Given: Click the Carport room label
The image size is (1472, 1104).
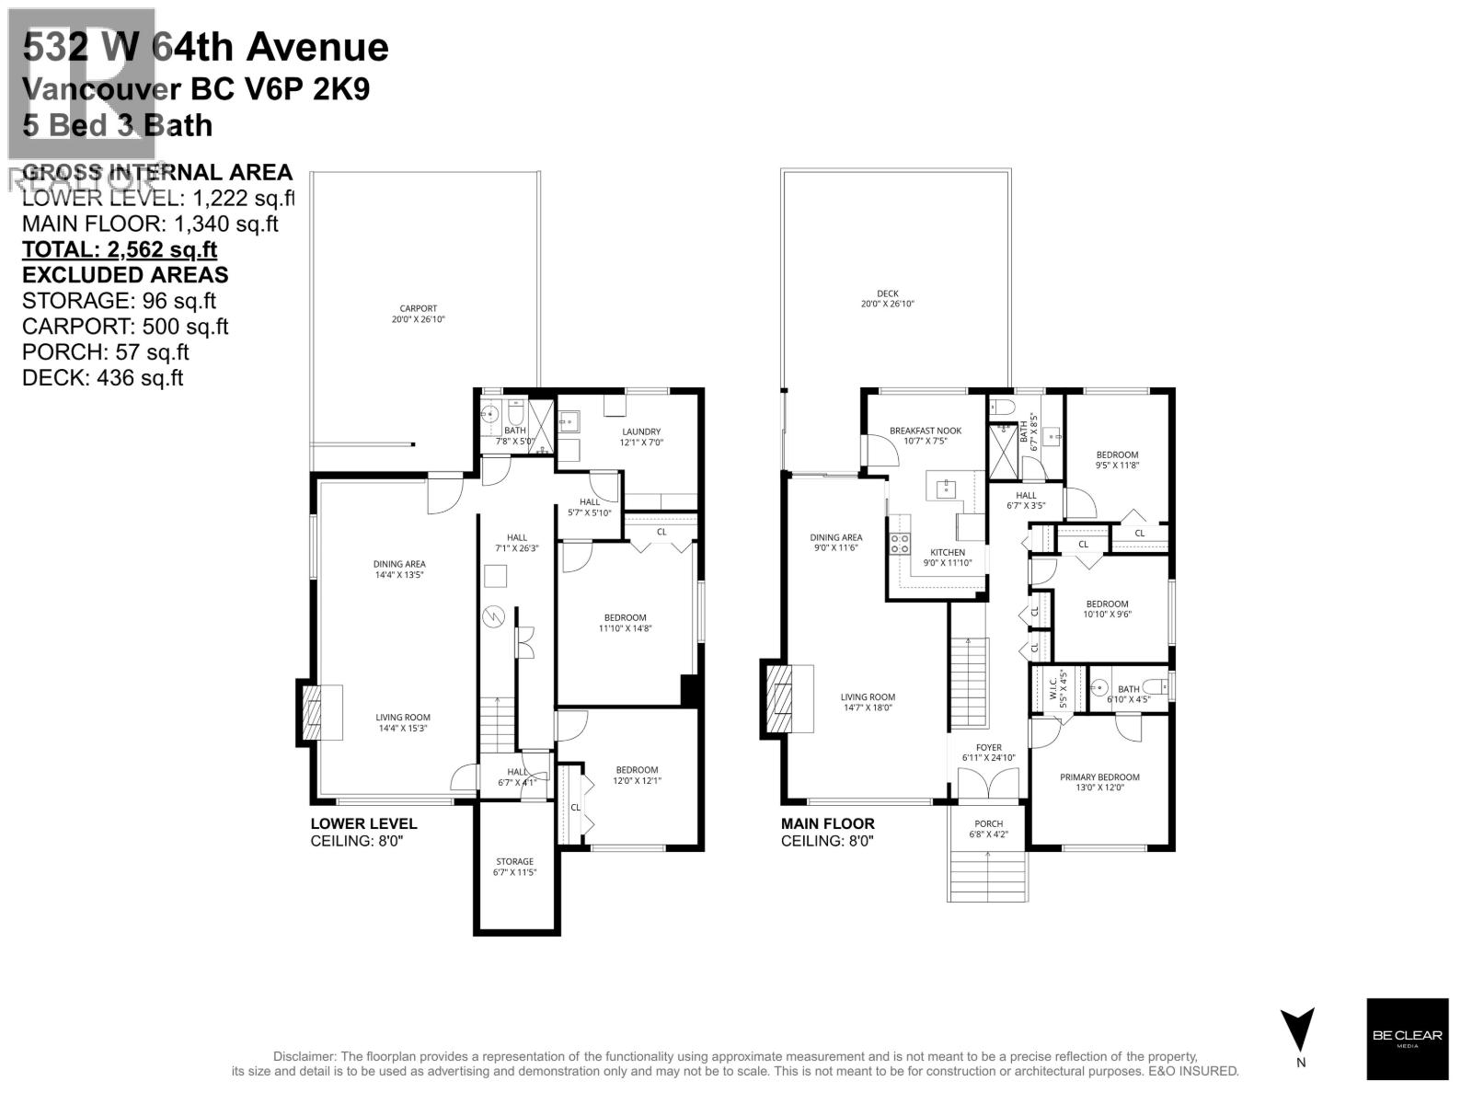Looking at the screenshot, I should click(418, 314).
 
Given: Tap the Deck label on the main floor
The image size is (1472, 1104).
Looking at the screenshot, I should click(887, 299).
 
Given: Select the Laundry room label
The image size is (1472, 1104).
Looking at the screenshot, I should click(640, 436).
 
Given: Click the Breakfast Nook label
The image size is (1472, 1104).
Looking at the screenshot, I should click(925, 435).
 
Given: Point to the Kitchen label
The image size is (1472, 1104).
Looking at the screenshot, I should click(947, 558).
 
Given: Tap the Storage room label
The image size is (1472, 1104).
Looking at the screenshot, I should click(514, 867).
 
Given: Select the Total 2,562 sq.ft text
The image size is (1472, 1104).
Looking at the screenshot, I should click(120, 249).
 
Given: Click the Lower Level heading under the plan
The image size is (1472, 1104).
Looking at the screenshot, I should click(363, 824).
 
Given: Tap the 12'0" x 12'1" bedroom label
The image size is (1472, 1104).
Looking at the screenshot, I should click(638, 775).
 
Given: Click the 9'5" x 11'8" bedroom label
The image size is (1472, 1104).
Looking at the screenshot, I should click(1117, 460).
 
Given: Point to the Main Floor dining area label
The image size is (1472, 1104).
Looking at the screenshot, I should click(835, 542).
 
